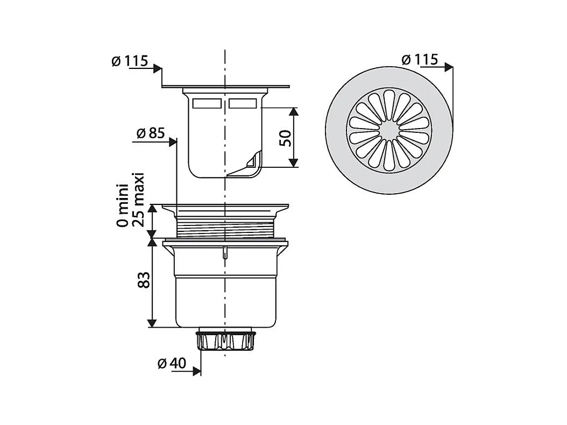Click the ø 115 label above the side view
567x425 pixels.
pos(130,61)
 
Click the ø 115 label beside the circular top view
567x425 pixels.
pos(420,60)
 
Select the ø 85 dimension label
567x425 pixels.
pos(151,133)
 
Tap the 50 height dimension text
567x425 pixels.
pos(285,138)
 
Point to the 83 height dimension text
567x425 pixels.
pos(144,280)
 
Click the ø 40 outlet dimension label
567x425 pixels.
pos(172,363)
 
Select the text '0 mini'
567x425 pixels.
pos(122,206)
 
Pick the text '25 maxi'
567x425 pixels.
pos(138,200)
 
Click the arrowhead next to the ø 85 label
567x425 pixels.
pos(173,142)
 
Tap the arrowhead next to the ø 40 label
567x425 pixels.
pos(197,371)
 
